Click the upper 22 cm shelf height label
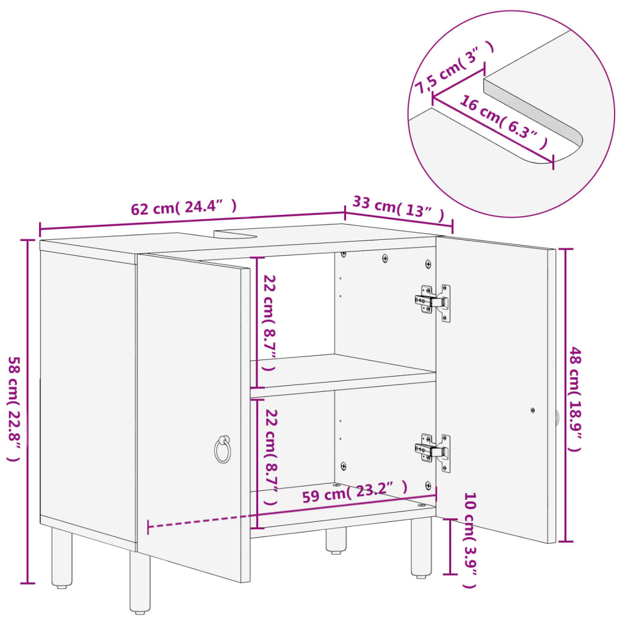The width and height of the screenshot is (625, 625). pyautogui.click(x=269, y=323)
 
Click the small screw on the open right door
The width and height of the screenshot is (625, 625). pyautogui.click(x=533, y=410)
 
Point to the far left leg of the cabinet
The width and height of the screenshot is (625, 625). pyautogui.click(x=61, y=558)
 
